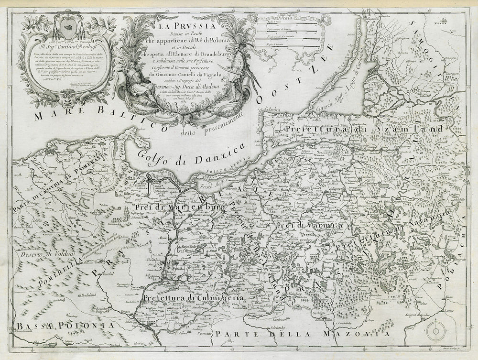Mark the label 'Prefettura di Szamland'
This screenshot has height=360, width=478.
coord(363,130)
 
